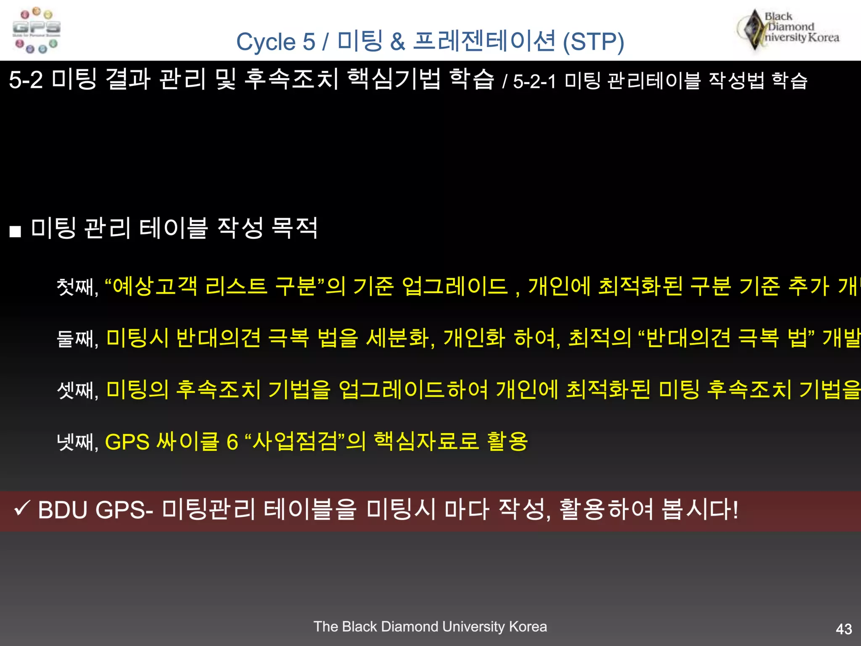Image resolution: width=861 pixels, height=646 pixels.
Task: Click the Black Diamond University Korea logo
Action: click(x=788, y=29)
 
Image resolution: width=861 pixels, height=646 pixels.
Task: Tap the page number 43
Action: click(x=844, y=629)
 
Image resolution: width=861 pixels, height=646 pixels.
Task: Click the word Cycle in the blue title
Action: click(x=266, y=42)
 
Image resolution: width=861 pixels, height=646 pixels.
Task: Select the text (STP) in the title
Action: click(x=593, y=42)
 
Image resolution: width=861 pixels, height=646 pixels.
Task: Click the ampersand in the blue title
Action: click(x=397, y=42)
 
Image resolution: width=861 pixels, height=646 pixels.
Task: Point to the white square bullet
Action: click(x=15, y=231)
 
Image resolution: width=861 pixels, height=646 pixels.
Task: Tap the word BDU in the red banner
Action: click(x=62, y=510)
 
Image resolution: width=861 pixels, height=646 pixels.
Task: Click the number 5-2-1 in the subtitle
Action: click(x=534, y=81)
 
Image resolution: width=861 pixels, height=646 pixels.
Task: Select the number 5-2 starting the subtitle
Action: click(x=26, y=80)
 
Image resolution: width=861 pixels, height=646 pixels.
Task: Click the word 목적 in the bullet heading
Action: click(x=294, y=228)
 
